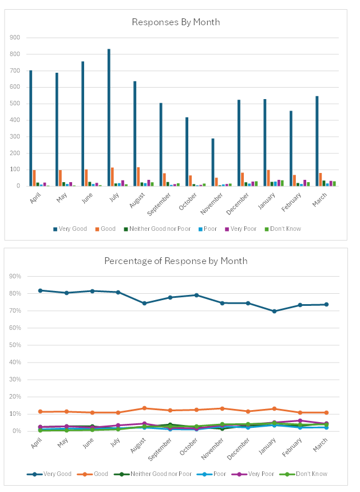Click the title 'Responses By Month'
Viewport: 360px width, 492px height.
tap(176, 22)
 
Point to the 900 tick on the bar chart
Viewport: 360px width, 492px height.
tap(15, 38)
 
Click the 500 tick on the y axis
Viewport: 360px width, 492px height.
tap(15, 104)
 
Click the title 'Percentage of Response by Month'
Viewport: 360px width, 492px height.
tap(176, 261)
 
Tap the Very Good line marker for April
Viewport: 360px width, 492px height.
tap(40, 290)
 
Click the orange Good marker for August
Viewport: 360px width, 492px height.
tap(144, 408)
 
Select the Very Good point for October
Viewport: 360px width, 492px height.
tap(196, 295)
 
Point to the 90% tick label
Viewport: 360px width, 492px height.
tap(15, 277)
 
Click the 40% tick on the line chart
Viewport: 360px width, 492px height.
tap(15, 363)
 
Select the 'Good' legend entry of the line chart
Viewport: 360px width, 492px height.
tap(99, 474)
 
